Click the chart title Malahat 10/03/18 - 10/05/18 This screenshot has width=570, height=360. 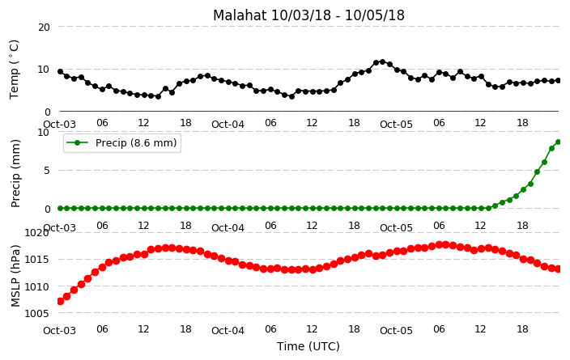point(308,15)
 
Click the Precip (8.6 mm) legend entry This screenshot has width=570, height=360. point(122,142)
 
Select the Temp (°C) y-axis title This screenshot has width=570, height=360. point(14,70)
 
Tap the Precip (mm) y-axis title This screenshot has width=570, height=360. point(15,173)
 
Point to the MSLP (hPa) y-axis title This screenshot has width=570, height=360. point(15,276)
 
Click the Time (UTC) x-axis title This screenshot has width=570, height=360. point(308,346)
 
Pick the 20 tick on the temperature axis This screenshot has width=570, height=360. point(44,28)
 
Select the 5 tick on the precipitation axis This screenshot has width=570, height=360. point(46,171)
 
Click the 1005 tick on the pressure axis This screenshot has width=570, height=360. point(36,313)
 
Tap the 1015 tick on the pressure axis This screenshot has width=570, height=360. point(36,260)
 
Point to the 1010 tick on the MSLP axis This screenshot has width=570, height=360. point(36,287)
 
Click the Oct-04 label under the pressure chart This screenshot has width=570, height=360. point(228,331)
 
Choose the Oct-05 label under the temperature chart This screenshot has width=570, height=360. point(396,125)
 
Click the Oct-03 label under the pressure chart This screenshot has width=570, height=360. point(60,331)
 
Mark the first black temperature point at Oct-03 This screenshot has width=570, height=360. point(61,72)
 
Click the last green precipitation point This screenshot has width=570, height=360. point(559,142)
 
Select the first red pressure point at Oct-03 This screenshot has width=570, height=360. point(61,301)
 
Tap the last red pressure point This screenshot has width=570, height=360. point(559,269)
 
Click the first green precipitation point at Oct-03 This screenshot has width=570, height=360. point(61,209)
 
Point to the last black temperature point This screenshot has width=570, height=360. point(559,81)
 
